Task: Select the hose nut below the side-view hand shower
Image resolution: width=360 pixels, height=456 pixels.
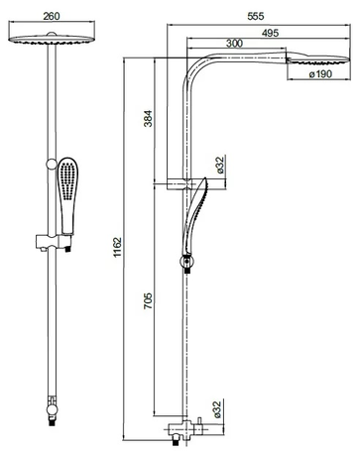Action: tap(185, 264)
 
